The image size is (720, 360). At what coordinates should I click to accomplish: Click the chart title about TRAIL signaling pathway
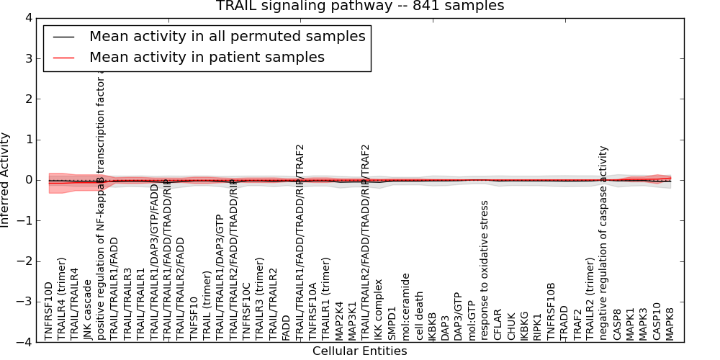[x=360, y=6]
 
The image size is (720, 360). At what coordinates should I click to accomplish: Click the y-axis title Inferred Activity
[x=6, y=180]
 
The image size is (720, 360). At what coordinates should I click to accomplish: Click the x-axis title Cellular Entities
[x=359, y=351]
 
